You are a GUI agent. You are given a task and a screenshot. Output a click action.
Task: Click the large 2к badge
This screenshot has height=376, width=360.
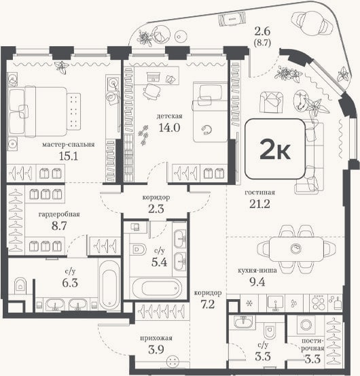click(275, 149)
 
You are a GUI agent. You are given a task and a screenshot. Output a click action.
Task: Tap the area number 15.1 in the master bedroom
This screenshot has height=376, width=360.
click(69, 156)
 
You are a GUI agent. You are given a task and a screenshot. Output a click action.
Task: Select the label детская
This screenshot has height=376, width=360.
click(169, 116)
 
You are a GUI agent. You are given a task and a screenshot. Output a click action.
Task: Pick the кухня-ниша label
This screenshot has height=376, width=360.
click(257, 270)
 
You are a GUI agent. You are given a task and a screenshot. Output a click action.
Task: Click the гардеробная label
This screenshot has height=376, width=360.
click(59, 214)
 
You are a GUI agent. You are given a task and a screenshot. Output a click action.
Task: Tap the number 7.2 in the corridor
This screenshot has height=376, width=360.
click(208, 305)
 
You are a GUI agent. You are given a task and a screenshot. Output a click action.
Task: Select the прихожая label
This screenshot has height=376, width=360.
click(156, 338)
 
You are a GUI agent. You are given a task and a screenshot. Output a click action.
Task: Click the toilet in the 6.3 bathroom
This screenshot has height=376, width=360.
click(20, 286)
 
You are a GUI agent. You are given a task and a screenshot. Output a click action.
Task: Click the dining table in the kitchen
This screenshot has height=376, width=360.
click(296, 249)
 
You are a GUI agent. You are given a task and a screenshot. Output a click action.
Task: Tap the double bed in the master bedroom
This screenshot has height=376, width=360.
click(38, 112)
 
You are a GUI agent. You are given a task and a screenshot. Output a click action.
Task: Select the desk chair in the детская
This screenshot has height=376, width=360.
click(152, 91)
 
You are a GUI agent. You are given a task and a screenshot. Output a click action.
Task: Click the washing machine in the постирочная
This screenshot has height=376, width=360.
click(306, 325)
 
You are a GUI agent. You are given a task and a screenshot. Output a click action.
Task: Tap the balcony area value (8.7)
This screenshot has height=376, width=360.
click(262, 43)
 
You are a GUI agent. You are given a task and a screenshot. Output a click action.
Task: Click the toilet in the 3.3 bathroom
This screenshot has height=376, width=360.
click(270, 330)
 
